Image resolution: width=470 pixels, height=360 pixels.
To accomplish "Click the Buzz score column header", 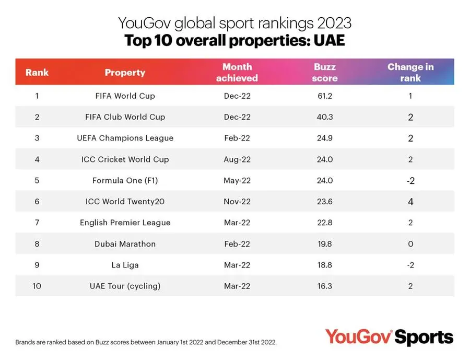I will [325, 72].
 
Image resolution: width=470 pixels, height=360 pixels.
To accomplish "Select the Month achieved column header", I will [237, 72].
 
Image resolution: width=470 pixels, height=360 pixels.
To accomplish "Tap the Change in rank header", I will [410, 72].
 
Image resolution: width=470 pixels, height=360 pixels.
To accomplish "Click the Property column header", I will [125, 73].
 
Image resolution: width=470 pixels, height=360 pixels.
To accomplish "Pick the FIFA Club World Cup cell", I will [125, 117].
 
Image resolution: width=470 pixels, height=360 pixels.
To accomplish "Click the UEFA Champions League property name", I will [125, 138].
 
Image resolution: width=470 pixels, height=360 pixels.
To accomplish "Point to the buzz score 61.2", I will [325, 96].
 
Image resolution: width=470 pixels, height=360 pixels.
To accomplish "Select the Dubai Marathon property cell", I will [125, 243].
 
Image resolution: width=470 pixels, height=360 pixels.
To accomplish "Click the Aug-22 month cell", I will [237, 159].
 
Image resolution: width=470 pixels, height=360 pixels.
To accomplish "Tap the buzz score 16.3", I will [325, 286].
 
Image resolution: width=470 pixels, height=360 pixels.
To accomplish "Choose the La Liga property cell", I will [125, 265].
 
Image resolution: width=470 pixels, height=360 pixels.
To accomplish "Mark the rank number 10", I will [37, 286].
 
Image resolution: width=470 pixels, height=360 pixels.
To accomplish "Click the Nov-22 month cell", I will [237, 202].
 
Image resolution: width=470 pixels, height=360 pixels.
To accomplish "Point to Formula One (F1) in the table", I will [125, 180].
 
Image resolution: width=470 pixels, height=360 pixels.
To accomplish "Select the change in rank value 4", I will [410, 202].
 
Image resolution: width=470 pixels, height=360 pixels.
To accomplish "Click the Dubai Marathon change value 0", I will [410, 243].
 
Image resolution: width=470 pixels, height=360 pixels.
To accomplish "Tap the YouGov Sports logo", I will [389, 337].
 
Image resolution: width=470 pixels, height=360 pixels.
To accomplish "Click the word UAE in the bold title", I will [329, 40].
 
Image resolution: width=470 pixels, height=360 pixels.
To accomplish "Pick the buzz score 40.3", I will [325, 117].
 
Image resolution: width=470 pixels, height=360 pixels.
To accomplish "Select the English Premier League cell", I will [125, 223].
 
